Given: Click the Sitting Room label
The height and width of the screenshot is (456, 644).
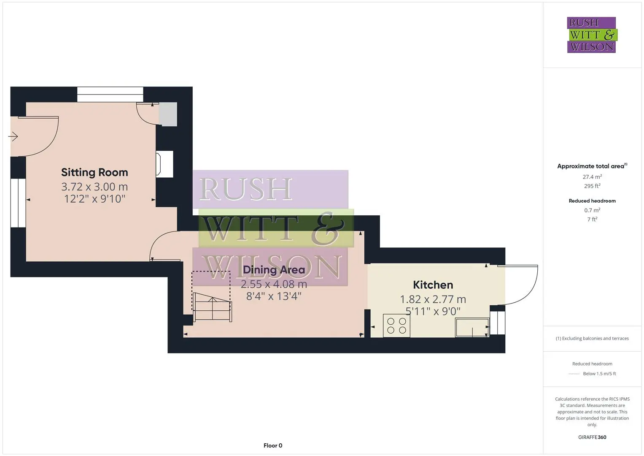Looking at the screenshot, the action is (94, 172).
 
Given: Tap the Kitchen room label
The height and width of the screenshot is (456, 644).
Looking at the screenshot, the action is (433, 285).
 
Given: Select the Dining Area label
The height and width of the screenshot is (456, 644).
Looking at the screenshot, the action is (274, 270).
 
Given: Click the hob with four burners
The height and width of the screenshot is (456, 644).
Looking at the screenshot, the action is (396, 326).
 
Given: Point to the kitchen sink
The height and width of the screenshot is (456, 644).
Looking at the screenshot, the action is (472, 327).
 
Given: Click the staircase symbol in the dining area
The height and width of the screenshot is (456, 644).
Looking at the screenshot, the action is (212, 307).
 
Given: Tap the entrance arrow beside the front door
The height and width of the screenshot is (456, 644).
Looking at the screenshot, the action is (13, 136).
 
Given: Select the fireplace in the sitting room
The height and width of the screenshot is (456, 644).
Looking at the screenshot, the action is (164, 164).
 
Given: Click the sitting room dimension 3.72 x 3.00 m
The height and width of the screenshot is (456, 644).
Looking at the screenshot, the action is (94, 187).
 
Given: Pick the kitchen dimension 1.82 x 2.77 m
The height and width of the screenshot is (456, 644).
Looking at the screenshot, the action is (433, 299).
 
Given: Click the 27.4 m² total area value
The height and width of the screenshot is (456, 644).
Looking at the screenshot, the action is (592, 177).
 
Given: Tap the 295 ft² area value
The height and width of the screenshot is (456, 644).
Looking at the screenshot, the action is (592, 186).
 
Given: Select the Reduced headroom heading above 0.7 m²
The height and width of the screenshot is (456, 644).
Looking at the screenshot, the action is (592, 201).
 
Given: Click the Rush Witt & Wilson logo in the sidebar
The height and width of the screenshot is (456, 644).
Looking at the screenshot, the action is (592, 35).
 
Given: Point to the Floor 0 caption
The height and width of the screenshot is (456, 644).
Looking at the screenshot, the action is (273, 445).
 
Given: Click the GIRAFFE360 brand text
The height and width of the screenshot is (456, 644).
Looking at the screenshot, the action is (592, 437).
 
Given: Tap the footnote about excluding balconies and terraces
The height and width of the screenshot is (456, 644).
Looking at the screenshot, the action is (592, 338).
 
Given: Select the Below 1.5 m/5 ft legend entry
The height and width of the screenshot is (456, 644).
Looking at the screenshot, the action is (599, 374).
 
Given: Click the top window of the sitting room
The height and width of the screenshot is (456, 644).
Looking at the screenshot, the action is (110, 94).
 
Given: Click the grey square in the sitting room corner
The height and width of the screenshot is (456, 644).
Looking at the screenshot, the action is (168, 114).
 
